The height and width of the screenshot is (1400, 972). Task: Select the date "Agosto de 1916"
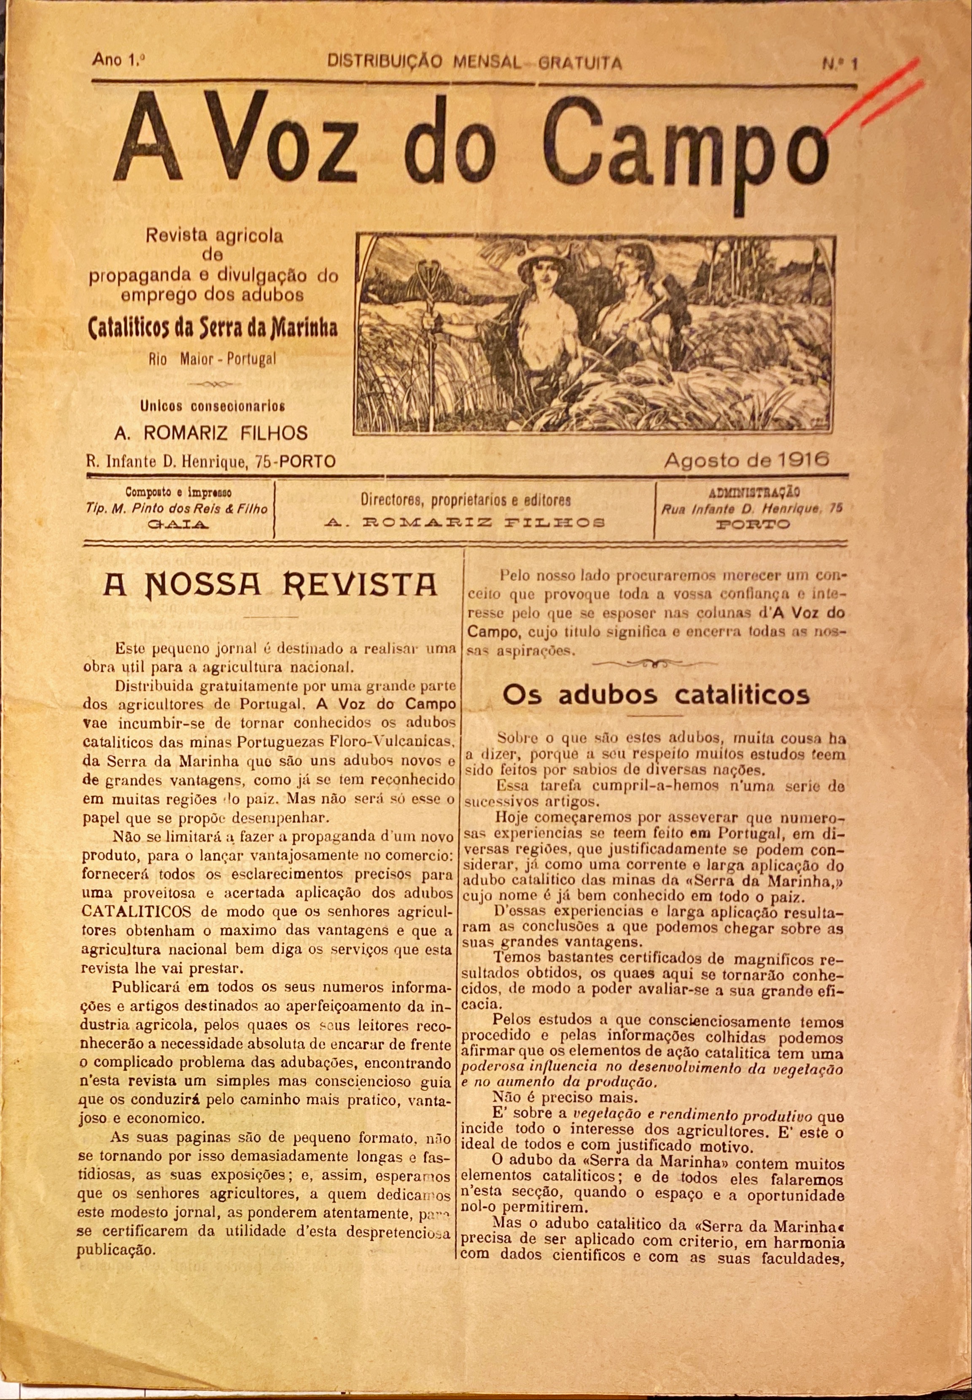tap(747, 460)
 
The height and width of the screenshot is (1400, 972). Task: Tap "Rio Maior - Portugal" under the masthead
tap(211, 359)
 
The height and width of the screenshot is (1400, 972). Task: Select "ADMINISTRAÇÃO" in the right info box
tap(754, 492)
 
